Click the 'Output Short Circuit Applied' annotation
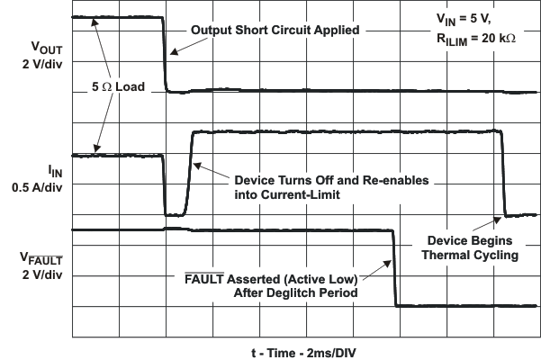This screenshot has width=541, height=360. [275, 30]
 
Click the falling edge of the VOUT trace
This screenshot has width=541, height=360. [166, 54]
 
